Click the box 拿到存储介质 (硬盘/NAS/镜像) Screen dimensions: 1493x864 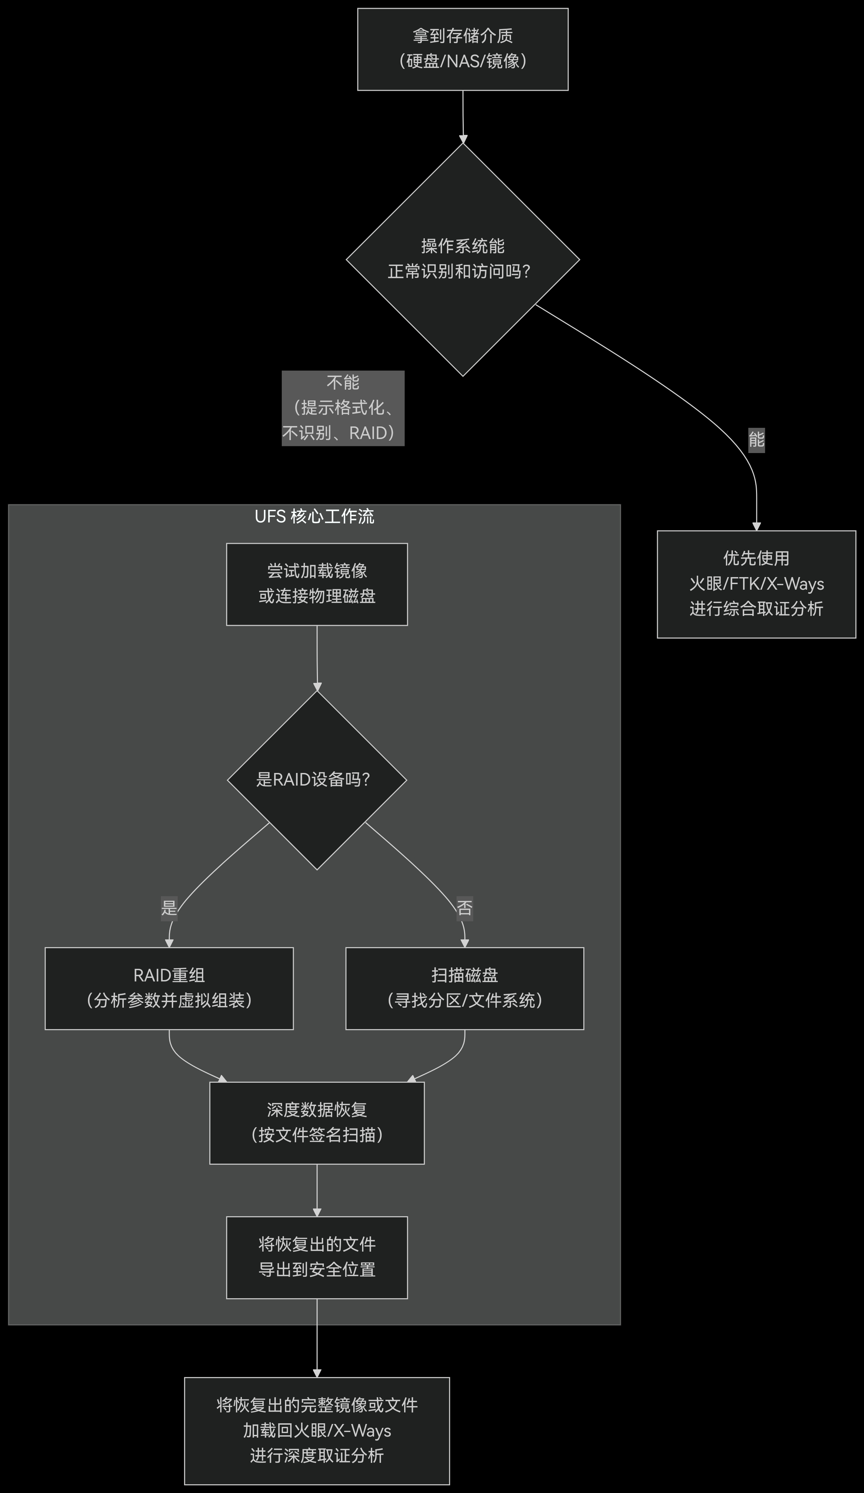tap(462, 49)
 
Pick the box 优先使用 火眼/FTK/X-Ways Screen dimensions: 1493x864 tap(756, 584)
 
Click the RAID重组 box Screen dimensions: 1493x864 tap(169, 988)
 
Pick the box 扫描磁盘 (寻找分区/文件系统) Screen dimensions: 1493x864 tap(464, 988)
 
